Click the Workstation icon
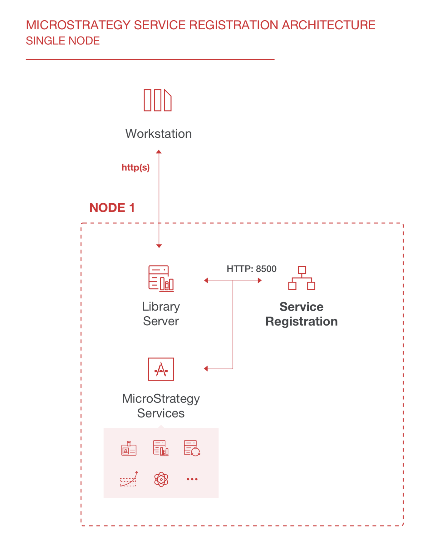pos(157,100)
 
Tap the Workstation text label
pos(158,134)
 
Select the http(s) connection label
pos(135,167)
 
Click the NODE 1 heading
pos(112,208)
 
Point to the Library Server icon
pos(161,278)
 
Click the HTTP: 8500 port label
pos(251,269)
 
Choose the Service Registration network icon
pos(302,278)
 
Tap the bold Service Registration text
pos(301,314)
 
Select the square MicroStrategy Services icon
pos(161,369)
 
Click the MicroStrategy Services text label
pos(161,406)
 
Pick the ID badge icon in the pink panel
pos(129,449)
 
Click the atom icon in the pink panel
pos(161,479)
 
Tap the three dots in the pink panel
pos(192,479)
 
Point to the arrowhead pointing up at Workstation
pos(159,152)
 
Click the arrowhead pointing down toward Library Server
pos(159,246)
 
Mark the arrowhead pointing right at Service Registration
pos(260,280)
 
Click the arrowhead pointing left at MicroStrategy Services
pos(206,369)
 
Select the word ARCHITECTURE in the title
pos(328,25)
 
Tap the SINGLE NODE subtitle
pos(63,41)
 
